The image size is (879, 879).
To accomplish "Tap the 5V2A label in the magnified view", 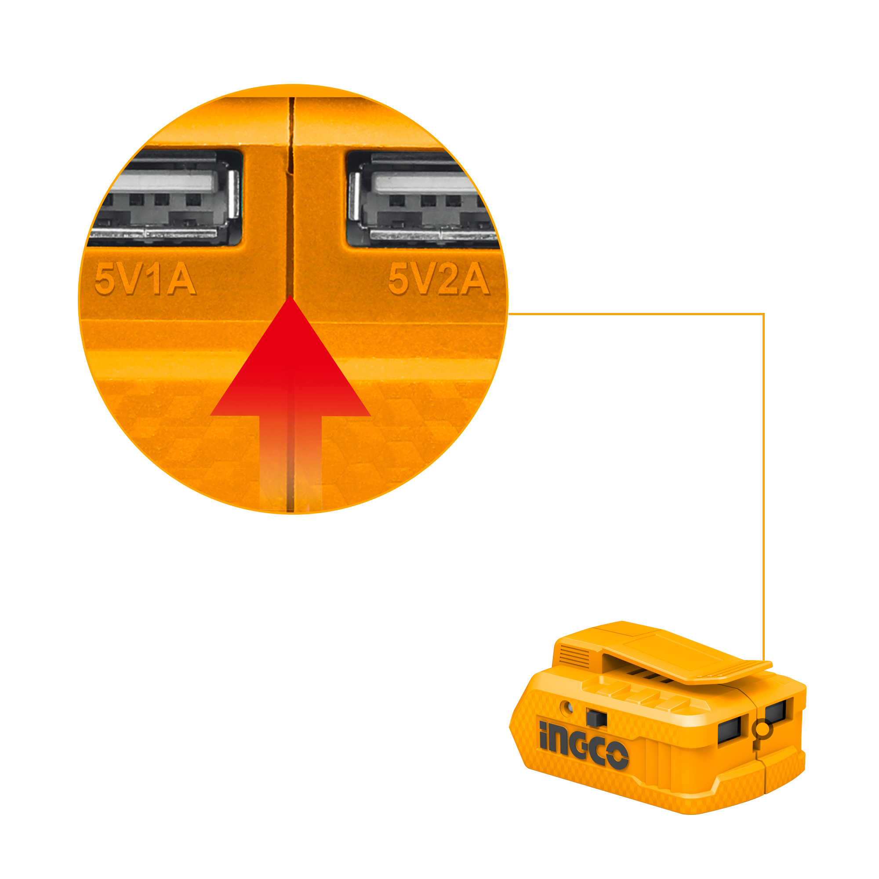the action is point(439,279).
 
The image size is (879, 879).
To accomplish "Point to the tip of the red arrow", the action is point(290,295).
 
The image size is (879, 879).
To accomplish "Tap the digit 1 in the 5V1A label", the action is point(156,280).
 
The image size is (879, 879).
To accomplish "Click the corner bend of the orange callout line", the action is point(763,314).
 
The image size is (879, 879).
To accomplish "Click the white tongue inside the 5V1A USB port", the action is point(163,182).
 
